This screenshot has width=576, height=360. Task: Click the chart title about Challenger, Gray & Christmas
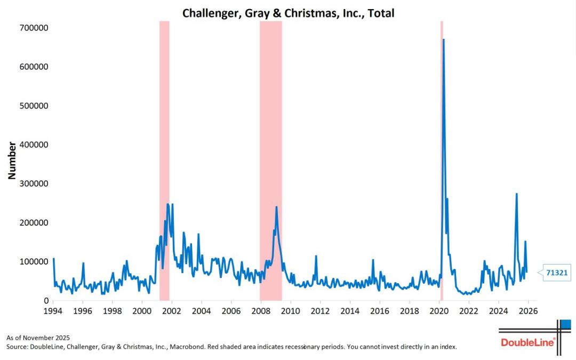point(288,13)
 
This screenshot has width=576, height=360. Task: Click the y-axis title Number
point(12,160)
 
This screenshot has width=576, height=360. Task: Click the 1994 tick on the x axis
point(53,310)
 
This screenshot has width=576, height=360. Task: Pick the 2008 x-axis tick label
point(260,310)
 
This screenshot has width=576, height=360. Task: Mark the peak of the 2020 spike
point(443,39)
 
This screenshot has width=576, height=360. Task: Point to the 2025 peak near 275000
point(516,194)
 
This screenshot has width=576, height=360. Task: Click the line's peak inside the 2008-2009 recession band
point(276,207)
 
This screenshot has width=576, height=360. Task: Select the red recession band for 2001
point(164,160)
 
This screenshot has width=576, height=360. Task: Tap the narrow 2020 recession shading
point(442,160)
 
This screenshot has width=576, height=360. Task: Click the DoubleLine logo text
point(527,342)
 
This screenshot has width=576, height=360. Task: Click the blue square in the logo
point(566,324)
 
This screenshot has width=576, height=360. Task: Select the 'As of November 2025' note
point(38,338)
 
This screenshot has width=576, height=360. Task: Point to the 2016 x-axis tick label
point(379,310)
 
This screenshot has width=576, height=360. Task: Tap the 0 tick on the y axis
point(46,301)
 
